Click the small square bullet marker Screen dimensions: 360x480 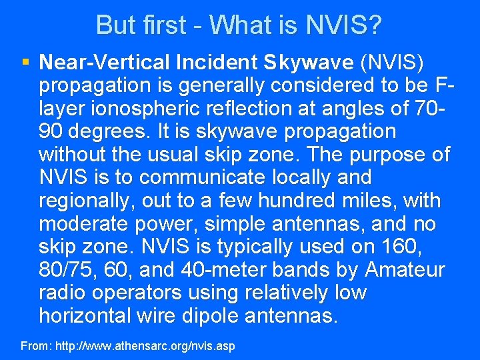click(25, 63)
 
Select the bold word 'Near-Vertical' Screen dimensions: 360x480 click(105, 63)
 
